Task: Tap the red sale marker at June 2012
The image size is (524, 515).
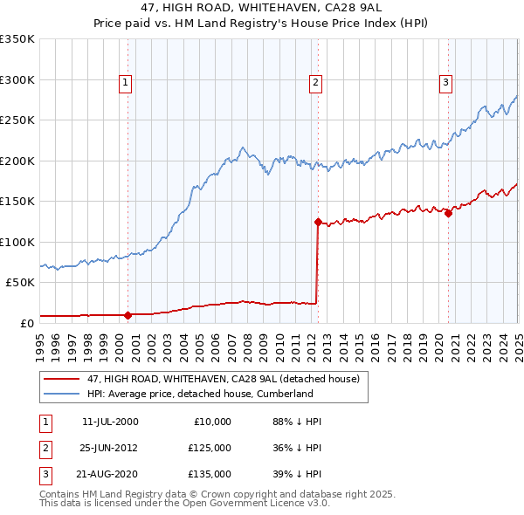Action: click(318, 222)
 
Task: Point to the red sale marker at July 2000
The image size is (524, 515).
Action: click(128, 314)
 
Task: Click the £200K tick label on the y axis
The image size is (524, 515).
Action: click(17, 161)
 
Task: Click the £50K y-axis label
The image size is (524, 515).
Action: click(20, 283)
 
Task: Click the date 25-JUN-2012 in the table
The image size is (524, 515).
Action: click(110, 448)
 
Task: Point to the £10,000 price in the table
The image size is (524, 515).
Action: click(212, 422)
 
